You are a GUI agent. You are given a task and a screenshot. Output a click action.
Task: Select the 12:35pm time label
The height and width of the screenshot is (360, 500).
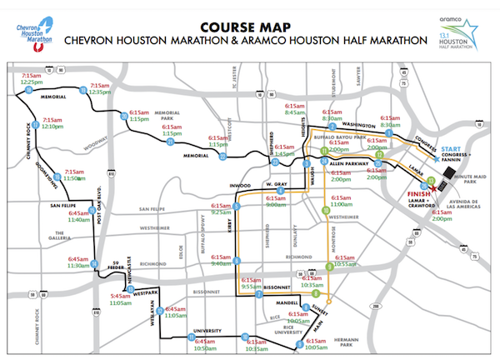[x=100, y=92]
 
